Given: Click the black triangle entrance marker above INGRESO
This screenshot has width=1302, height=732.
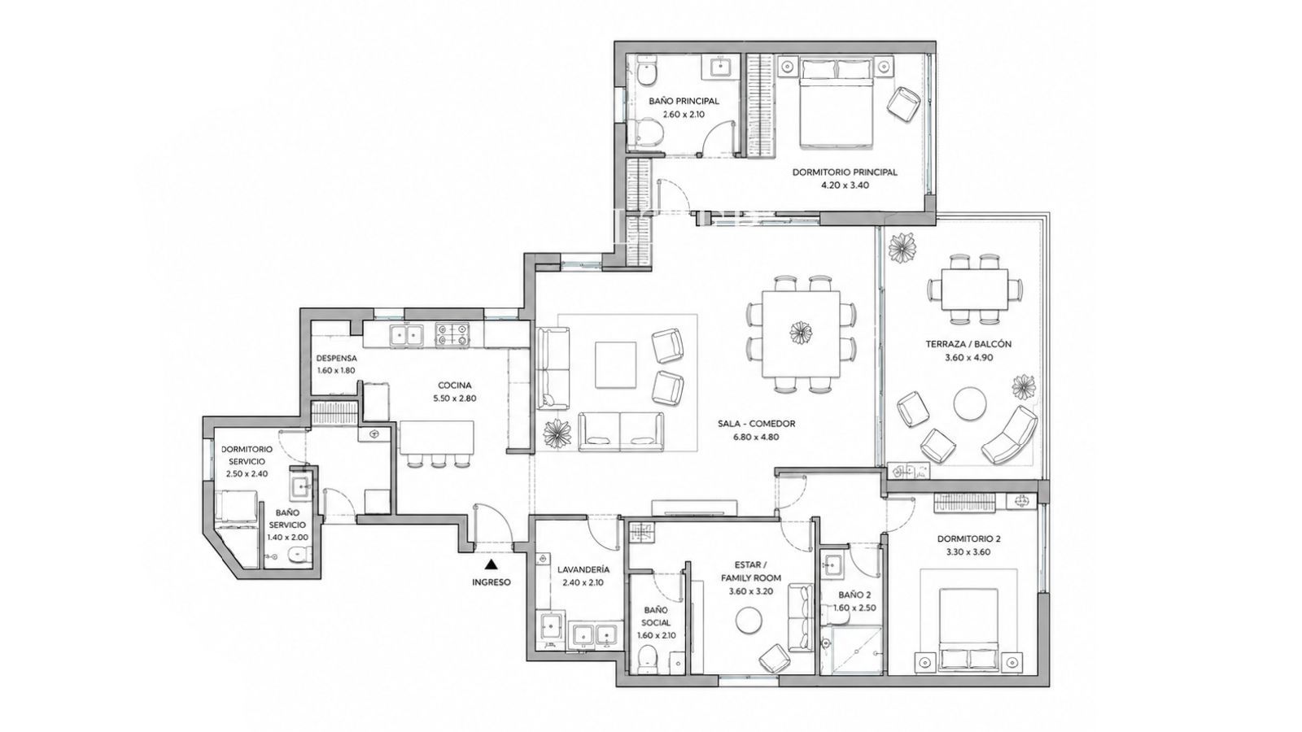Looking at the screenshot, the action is point(492,563).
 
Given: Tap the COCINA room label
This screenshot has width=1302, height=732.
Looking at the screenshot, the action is point(455,386).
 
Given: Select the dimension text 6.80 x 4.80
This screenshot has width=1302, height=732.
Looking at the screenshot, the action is point(756,438).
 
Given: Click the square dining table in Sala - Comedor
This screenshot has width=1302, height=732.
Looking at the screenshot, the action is point(801,333).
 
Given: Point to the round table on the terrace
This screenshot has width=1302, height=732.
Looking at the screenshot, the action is point(969,403).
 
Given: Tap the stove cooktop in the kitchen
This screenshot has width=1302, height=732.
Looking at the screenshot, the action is point(452,334).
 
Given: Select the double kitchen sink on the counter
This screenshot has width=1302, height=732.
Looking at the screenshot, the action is point(406,334).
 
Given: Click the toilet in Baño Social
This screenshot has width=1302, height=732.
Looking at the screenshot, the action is point(646,661).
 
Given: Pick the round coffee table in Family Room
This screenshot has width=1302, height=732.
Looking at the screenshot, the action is point(749,621).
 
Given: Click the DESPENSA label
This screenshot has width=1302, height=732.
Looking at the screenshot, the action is point(337,359).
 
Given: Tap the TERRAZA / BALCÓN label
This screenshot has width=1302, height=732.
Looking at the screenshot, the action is point(968,344).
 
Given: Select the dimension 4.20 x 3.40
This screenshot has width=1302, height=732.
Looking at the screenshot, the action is point(845,185).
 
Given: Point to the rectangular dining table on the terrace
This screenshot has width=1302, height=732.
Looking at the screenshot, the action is point(975,290).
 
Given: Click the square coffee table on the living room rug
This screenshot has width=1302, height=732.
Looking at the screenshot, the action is point(615,365).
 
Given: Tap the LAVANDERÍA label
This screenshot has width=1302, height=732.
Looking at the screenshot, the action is point(583,569).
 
